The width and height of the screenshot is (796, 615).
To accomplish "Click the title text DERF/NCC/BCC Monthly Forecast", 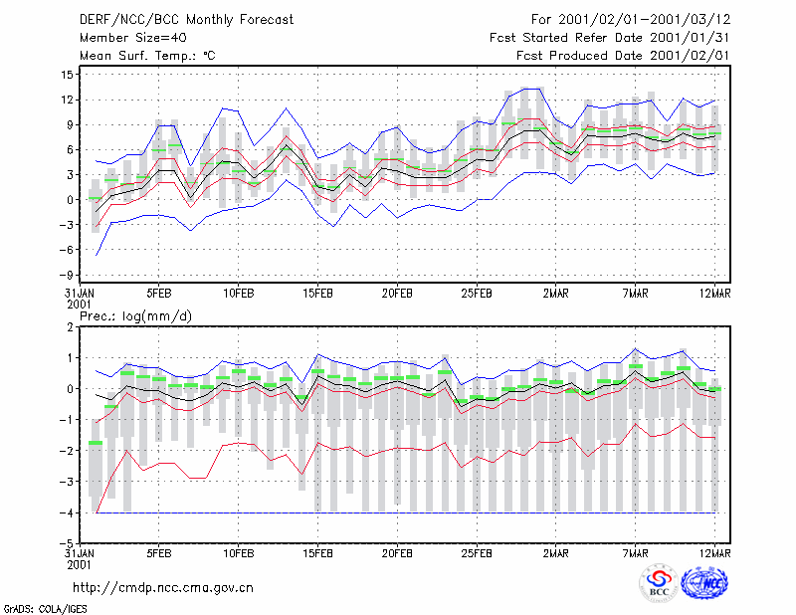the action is pos(186,20).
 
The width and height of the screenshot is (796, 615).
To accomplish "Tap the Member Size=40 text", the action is pos(133,38).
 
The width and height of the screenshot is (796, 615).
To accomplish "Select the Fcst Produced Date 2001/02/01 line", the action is pos(623,56).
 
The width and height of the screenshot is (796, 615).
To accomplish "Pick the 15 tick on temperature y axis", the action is pos(67,75).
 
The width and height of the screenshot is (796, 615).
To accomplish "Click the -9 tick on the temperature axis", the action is pos(66,276).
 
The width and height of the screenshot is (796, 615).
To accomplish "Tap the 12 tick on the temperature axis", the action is pos(67,100).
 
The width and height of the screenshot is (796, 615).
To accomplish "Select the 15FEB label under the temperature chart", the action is pos(317,294).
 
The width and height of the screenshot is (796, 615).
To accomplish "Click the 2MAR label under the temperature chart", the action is pos(556,294).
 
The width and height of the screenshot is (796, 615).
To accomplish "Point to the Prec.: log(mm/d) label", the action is pos(135,316).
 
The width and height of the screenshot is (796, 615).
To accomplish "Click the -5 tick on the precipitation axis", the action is pos(66,543).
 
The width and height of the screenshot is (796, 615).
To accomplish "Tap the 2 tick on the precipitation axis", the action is pos(70,327).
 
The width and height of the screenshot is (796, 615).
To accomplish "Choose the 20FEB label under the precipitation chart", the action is pos(397,553).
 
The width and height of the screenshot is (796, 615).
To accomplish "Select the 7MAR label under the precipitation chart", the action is pos(635,553).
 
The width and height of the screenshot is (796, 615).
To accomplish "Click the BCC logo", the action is pos(659,583).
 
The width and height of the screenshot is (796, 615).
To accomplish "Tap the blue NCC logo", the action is pos(704,583).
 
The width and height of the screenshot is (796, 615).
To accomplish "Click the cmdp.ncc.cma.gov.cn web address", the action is pos(163,588).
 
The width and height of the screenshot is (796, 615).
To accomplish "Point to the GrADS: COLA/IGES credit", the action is pos(45,609).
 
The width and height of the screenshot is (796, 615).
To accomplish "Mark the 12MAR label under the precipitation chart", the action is pos(714,553).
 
